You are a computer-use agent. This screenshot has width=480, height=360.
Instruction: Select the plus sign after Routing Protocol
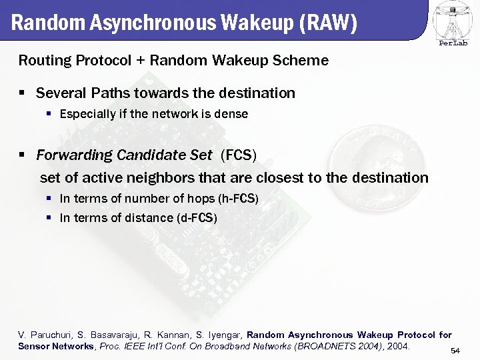140,61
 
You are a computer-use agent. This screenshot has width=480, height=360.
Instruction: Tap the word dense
233,114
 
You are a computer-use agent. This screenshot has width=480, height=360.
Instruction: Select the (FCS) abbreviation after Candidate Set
238,155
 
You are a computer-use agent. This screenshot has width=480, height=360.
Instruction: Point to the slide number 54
455,351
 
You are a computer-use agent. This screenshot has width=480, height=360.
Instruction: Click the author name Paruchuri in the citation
50,335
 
